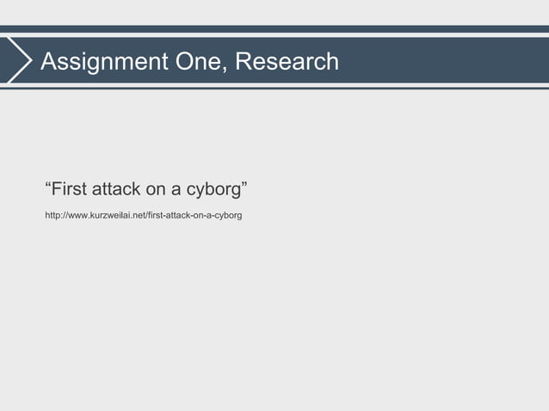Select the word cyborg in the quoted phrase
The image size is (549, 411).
click(x=214, y=188)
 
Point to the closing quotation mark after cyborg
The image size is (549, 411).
click(x=246, y=182)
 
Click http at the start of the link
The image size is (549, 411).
click(x=53, y=213)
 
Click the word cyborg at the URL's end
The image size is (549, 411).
click(x=228, y=213)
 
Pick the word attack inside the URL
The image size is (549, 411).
click(x=179, y=213)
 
